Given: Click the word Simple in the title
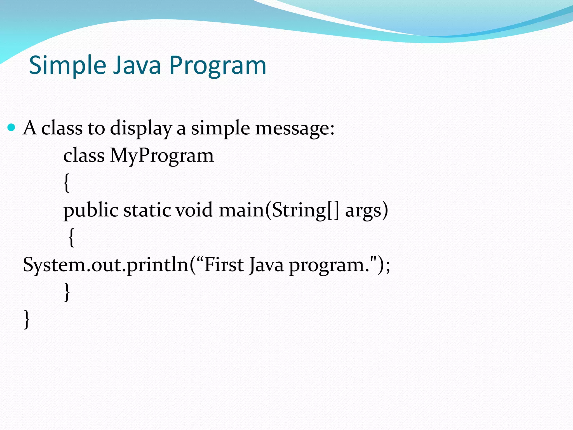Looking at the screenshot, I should click(x=67, y=65).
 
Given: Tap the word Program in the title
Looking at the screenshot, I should click(x=218, y=65).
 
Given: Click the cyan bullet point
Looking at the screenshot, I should click(x=11, y=128).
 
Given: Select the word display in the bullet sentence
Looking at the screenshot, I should click(x=141, y=128).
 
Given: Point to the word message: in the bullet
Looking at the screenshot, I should click(x=295, y=128).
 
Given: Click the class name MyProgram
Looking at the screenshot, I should click(x=162, y=155).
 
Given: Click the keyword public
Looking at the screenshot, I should click(x=91, y=210).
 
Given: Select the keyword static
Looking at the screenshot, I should click(x=147, y=210).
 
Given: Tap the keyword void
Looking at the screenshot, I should click(x=194, y=210).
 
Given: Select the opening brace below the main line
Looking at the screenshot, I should click(x=72, y=237).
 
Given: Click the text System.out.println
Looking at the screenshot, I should click(x=106, y=265).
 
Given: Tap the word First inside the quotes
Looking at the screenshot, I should click(x=224, y=265).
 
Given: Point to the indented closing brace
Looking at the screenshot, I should click(x=67, y=292).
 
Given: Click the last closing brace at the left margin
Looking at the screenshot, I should click(x=27, y=319).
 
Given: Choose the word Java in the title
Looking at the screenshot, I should click(x=137, y=65).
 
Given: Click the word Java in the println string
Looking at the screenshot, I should click(x=266, y=265).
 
